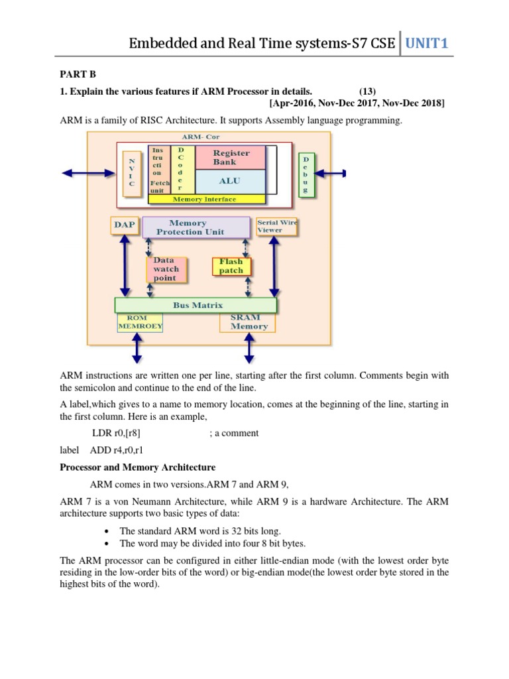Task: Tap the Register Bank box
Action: click(231, 157)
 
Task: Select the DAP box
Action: click(124, 225)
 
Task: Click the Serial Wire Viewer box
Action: click(276, 226)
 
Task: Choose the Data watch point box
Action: click(166, 269)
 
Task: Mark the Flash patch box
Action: click(231, 266)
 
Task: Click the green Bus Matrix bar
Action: click(196, 305)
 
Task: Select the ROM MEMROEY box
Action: click(141, 322)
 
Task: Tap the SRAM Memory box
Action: click(249, 322)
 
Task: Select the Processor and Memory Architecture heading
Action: click(138, 467)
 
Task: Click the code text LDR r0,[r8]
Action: click(116, 433)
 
